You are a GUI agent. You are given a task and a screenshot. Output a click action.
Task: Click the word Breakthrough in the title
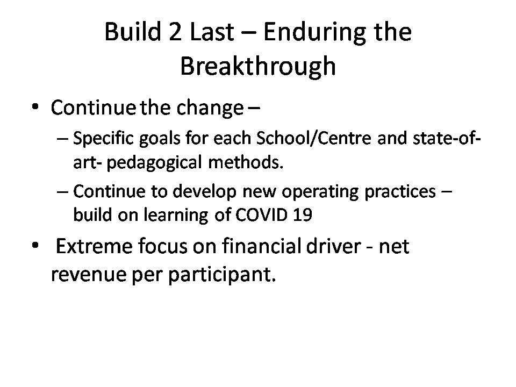tap(258, 66)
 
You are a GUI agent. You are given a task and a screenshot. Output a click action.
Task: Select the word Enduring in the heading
tap(314, 33)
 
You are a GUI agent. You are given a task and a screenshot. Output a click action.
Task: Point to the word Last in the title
tap(212, 32)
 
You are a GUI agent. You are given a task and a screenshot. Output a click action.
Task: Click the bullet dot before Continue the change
tap(35, 107)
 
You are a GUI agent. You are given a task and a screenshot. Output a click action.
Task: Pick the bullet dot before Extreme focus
tap(35, 246)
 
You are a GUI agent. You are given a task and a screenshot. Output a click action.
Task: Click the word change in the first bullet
tap(210, 107)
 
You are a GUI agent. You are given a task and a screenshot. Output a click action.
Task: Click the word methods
tap(246, 162)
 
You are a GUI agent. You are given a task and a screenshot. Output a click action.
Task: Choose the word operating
tap(320, 192)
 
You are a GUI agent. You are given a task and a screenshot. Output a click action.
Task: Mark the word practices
tap(400, 192)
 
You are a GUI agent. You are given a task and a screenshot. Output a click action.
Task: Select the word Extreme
tap(94, 246)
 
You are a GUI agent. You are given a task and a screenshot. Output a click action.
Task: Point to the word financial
tap(261, 245)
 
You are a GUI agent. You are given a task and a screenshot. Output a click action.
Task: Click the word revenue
tap(89, 274)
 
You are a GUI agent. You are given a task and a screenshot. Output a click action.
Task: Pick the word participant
tap(222, 275)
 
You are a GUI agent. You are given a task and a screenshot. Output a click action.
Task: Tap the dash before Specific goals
tap(62, 139)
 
